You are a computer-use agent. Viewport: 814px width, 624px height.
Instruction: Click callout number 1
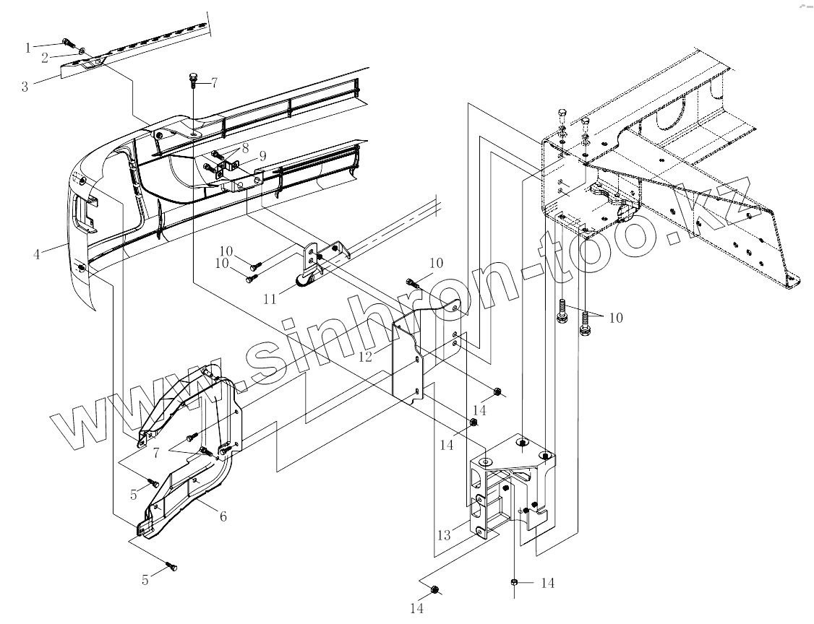click(x=28, y=48)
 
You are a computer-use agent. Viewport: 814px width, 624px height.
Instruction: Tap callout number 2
click(x=45, y=56)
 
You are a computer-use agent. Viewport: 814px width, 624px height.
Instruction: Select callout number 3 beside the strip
click(x=25, y=87)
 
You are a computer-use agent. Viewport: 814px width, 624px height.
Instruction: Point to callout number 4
click(x=35, y=253)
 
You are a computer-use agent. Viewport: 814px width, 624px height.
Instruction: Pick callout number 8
click(x=245, y=147)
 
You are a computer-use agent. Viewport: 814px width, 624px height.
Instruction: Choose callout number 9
click(x=262, y=155)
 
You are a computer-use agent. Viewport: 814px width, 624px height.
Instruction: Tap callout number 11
click(x=270, y=298)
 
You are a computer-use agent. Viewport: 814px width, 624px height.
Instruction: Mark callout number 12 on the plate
click(x=364, y=356)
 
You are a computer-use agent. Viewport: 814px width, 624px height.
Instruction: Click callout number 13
click(x=444, y=535)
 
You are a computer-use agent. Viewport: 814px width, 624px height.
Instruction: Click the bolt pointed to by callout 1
click(x=67, y=41)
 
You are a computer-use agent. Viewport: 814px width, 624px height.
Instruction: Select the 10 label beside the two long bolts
click(x=616, y=317)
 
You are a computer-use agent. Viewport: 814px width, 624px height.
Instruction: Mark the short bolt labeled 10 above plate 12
click(x=411, y=281)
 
